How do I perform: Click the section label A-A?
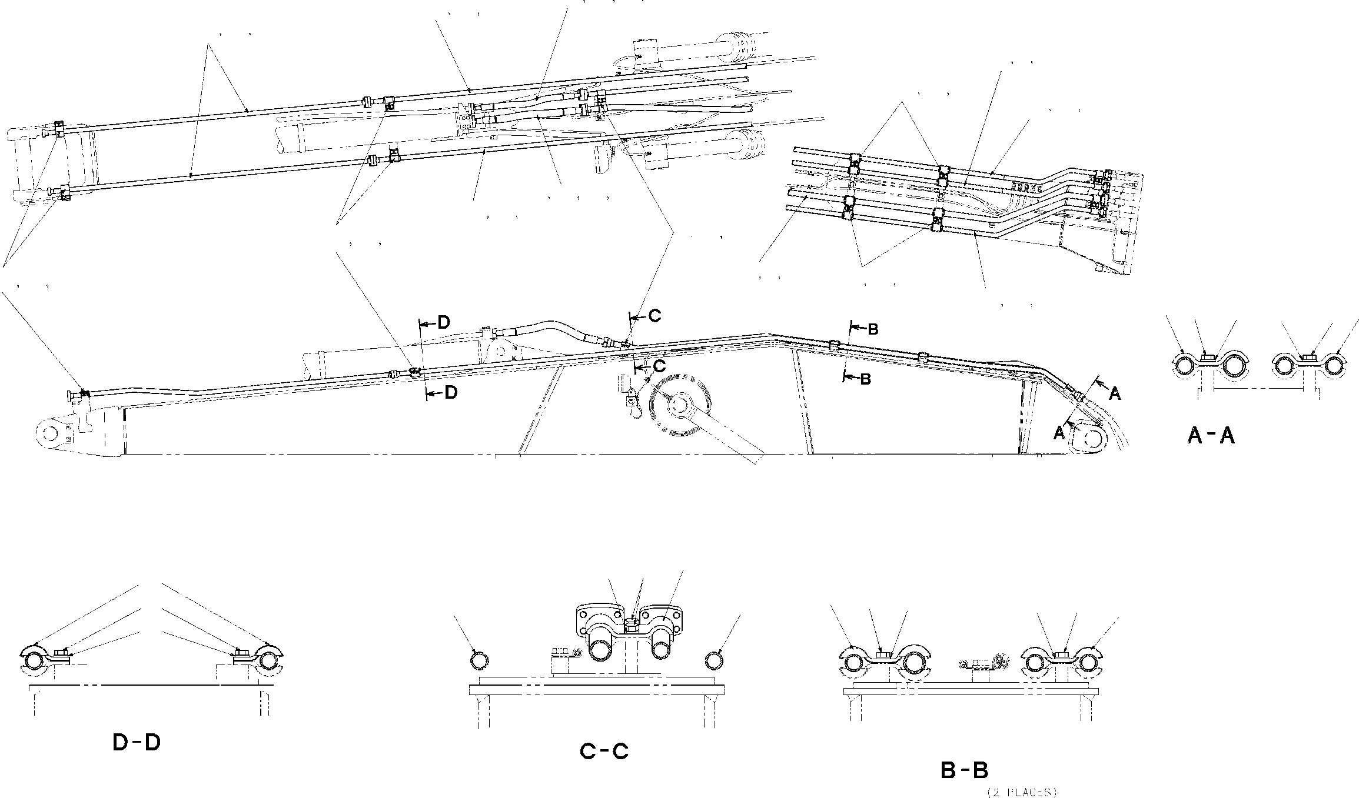(1211, 436)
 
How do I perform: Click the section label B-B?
(964, 770)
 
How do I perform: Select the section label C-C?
(604, 751)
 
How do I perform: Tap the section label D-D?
(137, 743)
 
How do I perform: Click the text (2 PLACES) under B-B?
(1022, 792)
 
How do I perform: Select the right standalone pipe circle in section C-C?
(714, 660)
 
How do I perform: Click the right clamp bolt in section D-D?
(240, 653)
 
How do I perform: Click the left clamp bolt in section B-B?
(881, 655)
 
